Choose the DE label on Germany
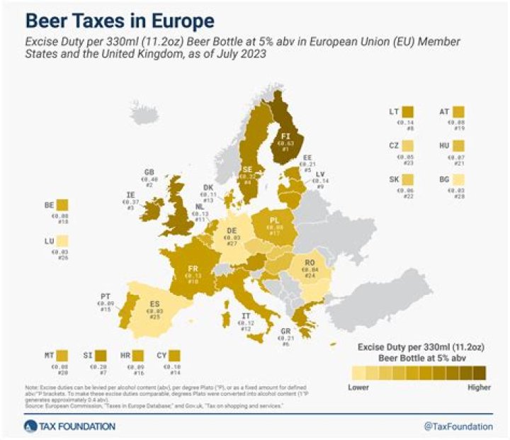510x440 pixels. click(x=231, y=230)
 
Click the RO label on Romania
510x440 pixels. click(x=310, y=262)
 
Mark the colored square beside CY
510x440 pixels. click(x=174, y=355)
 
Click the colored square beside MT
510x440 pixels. click(x=62, y=355)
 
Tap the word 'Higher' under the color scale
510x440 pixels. click(x=480, y=387)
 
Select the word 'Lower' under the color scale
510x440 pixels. click(x=359, y=387)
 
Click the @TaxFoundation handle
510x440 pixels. click(x=458, y=426)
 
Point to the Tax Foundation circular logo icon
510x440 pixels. click(x=29, y=426)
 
